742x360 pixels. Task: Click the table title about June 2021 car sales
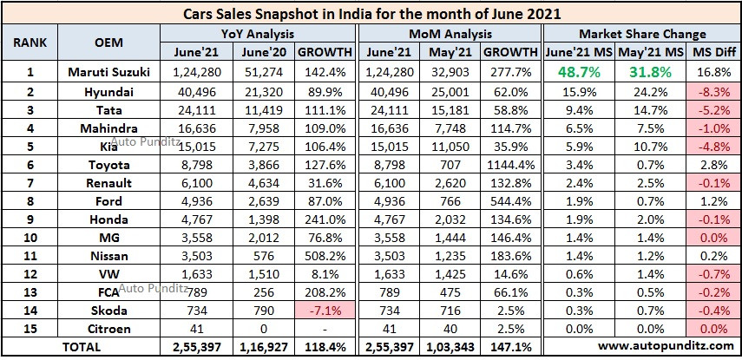click(x=371, y=13)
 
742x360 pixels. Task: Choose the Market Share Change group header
click(x=640, y=34)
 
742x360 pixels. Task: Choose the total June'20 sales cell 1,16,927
click(x=258, y=347)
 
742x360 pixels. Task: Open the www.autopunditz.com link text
click(x=640, y=347)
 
